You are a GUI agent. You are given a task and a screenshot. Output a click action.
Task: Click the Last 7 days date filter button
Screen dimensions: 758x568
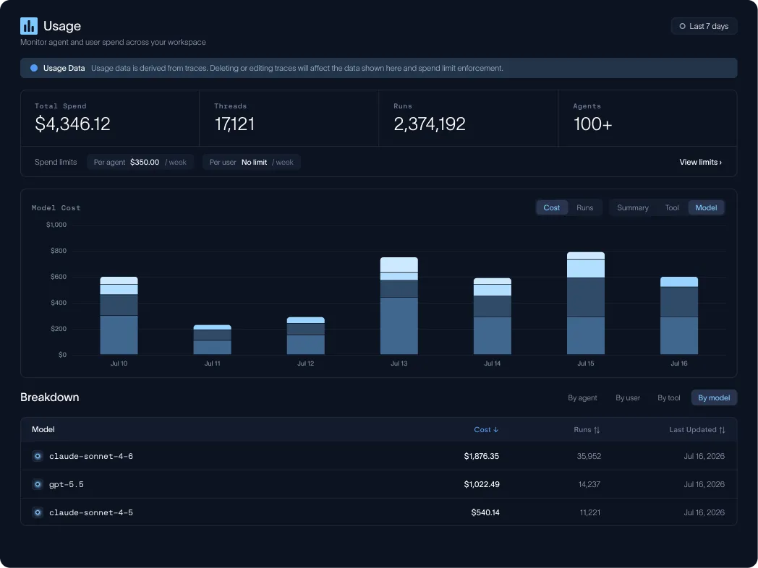[x=704, y=26]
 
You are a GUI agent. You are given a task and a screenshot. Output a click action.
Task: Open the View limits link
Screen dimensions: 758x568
[x=700, y=163]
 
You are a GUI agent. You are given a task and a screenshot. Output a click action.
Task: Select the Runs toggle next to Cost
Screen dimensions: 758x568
[x=584, y=207]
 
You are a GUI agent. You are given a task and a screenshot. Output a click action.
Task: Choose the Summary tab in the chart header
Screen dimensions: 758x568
[x=632, y=207]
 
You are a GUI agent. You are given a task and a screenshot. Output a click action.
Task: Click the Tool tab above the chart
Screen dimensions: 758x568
[x=671, y=207]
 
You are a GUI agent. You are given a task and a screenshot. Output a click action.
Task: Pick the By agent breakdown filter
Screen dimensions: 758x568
[x=582, y=397]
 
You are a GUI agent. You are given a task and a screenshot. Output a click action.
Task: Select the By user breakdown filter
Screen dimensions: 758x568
[x=628, y=397]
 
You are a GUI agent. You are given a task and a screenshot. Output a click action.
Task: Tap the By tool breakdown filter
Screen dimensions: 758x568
[x=668, y=397]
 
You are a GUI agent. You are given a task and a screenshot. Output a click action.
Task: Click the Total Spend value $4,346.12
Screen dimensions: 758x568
[x=72, y=124]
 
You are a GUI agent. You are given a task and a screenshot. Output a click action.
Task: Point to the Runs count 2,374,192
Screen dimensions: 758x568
[x=430, y=124]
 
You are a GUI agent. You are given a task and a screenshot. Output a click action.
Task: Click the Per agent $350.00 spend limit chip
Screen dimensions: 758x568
[x=140, y=163]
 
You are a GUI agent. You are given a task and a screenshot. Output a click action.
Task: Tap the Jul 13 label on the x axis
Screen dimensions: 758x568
[x=399, y=363]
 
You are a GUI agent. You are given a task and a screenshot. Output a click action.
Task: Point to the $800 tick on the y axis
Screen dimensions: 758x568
[x=59, y=251]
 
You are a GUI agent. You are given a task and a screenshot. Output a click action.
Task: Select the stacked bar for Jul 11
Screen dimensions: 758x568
[x=212, y=340]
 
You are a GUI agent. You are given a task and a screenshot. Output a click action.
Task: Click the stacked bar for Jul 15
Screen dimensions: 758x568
[x=585, y=304]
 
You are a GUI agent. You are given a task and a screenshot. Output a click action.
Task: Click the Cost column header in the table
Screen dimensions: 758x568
[x=486, y=430]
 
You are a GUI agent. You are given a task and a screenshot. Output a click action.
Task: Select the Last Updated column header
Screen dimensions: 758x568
[x=697, y=430]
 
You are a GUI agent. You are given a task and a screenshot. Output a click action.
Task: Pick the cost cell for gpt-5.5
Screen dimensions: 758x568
[x=482, y=484]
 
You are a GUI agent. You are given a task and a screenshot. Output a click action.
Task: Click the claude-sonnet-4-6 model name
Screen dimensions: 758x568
[x=91, y=456]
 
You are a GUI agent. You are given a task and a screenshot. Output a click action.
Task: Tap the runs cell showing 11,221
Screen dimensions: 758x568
[x=589, y=512]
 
